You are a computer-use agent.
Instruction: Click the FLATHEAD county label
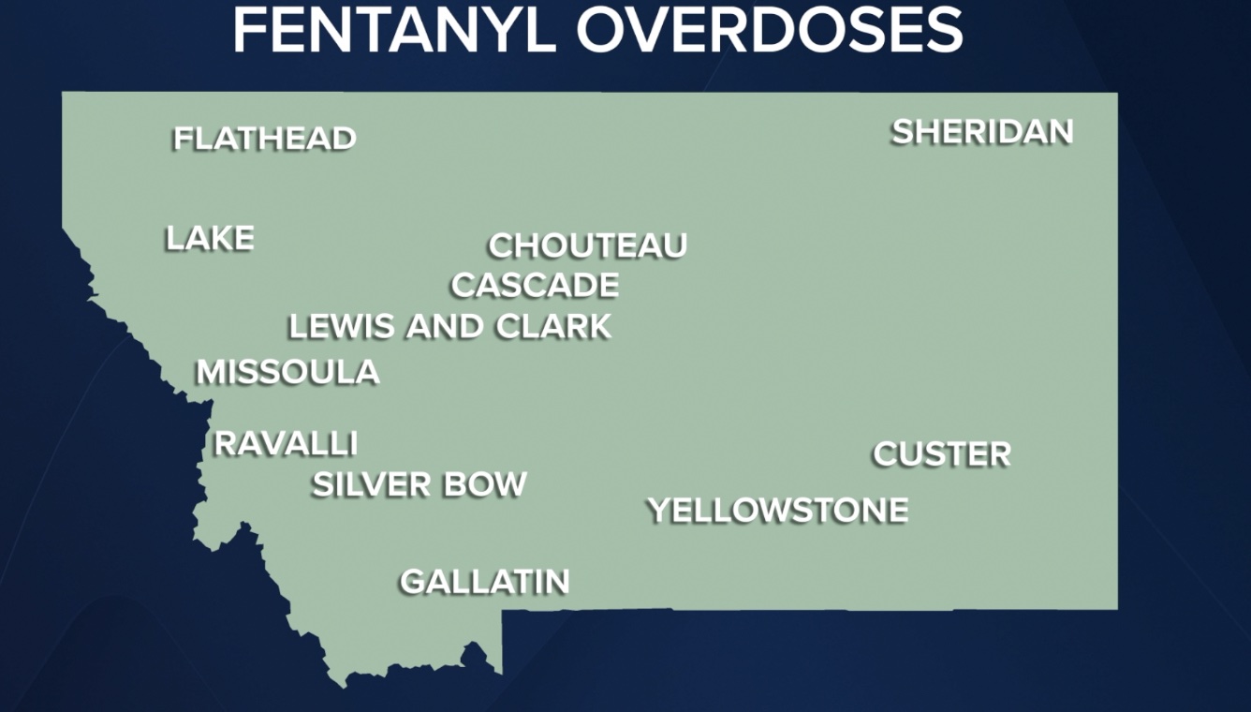click(x=265, y=139)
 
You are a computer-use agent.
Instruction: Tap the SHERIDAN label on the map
click(x=982, y=132)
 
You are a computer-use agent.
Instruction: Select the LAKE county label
click(x=210, y=239)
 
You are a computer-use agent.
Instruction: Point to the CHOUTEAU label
click(x=588, y=245)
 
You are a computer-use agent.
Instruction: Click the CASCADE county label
click(x=535, y=285)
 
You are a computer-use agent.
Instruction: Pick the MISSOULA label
click(x=287, y=372)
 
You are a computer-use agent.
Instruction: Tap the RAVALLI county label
click(x=286, y=443)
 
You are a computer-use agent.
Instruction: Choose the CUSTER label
click(x=942, y=454)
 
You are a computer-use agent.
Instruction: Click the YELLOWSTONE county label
click(x=778, y=511)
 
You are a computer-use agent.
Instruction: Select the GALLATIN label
click(x=485, y=582)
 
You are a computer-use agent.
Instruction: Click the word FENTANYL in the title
click(x=394, y=30)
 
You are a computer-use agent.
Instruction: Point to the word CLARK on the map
click(x=553, y=327)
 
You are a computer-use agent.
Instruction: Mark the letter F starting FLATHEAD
click(x=183, y=139)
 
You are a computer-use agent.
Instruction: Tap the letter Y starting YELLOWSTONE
click(x=659, y=511)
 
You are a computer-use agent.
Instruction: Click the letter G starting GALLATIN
click(x=413, y=582)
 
